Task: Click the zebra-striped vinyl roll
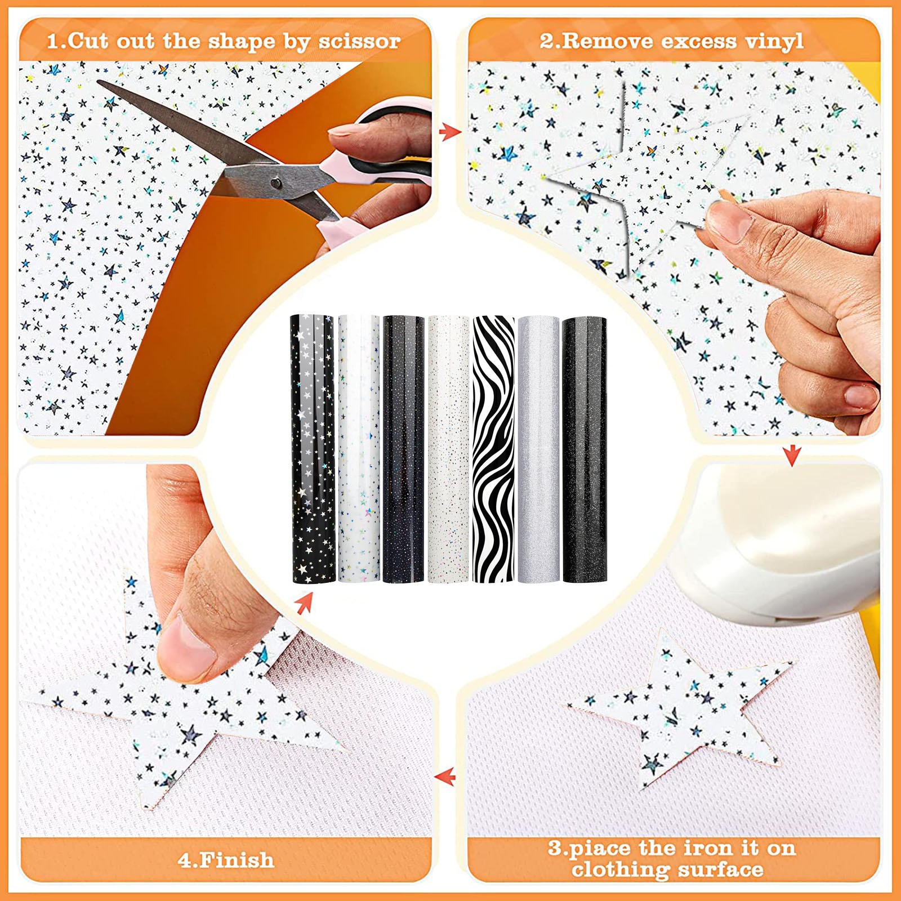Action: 494,449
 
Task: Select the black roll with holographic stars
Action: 313,449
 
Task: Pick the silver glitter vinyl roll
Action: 538,449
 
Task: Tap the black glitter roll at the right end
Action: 585,449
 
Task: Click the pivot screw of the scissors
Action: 276,182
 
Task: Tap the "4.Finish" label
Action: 226,860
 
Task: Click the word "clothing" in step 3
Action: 620,870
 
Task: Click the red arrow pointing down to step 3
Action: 792,455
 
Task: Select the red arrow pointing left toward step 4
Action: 445,777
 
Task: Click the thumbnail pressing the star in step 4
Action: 186,641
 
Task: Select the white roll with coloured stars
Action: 359,449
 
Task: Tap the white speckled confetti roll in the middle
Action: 449,449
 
